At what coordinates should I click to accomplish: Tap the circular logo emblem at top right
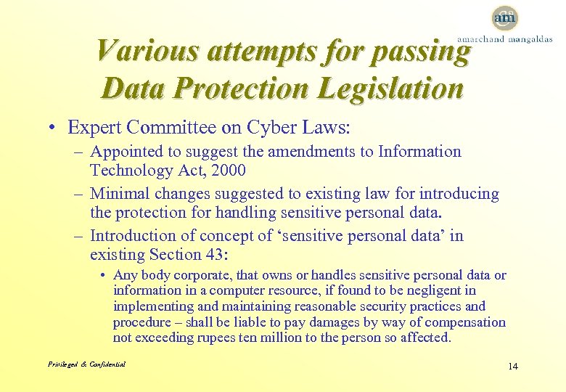tap(504, 17)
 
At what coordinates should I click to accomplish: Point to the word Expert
tap(94, 128)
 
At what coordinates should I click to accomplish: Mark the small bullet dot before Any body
tap(104, 276)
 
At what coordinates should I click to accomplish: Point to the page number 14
tap(513, 366)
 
